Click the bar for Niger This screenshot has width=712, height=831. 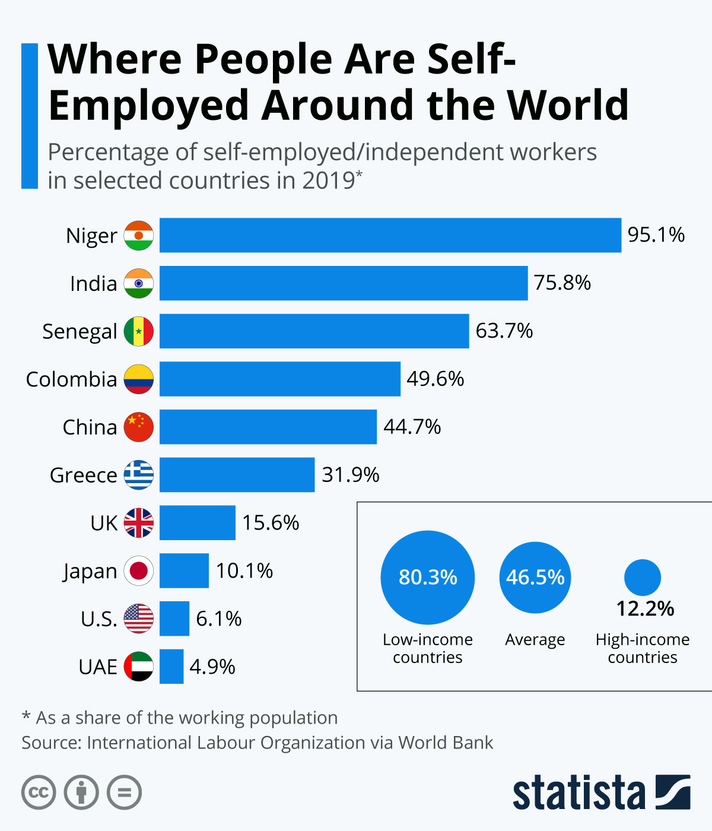pos(390,235)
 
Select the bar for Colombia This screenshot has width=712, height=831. pos(280,379)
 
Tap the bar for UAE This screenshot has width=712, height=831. pos(171,667)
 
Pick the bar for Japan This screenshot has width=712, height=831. pos(184,570)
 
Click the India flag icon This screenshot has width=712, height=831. pos(139,283)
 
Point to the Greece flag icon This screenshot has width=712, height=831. pos(139,475)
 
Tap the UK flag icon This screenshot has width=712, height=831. pos(139,523)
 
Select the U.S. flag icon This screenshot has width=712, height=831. pos(139,619)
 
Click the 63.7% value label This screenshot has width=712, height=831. pos(504,331)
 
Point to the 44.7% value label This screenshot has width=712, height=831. pos(412,427)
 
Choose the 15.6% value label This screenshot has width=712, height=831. pos(271,523)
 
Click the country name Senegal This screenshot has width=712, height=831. pos(80,331)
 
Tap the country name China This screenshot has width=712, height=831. pos(90,427)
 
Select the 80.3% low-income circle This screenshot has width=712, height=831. pos(428,577)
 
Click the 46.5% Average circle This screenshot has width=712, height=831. pos(535,577)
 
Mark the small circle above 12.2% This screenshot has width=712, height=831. pos(643,577)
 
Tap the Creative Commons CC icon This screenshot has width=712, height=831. pos(39,792)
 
